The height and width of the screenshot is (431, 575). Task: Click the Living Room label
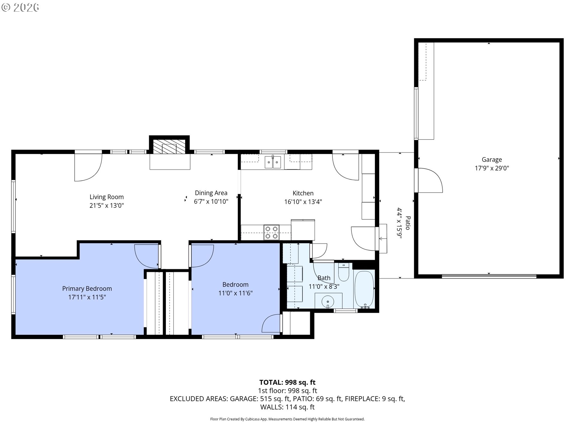106,197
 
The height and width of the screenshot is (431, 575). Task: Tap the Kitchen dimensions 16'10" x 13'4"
303,202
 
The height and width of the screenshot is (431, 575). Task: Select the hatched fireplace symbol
169,147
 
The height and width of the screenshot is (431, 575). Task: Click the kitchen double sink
273,163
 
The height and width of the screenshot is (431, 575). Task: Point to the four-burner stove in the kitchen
271,233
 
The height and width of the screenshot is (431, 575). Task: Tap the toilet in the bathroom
344,272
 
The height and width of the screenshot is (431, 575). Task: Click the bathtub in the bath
364,289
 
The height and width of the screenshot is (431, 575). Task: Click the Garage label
491,160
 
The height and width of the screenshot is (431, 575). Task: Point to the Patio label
408,223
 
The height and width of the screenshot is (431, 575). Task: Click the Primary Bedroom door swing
145,256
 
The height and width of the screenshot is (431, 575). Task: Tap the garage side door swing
430,180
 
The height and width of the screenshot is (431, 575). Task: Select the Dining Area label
211,193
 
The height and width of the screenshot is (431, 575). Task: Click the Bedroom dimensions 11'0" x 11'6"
235,293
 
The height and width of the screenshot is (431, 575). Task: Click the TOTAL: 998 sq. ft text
287,382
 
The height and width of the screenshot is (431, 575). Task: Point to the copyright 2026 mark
20,7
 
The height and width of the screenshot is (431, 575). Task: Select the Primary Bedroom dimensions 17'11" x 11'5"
87,297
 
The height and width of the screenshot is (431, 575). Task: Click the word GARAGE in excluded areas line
243,399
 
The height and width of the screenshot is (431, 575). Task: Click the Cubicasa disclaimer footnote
287,419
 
